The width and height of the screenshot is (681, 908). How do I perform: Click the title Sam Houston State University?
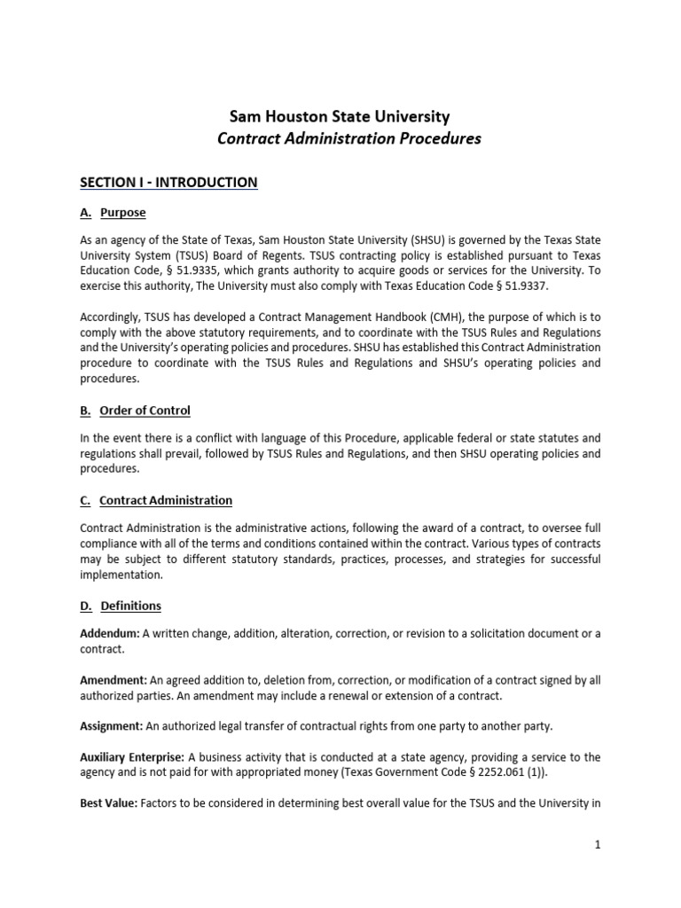tap(340, 116)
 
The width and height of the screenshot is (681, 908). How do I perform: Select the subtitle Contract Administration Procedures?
tap(349, 139)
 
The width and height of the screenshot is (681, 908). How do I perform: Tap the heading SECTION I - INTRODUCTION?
tap(168, 183)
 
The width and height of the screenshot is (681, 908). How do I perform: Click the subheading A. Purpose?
tap(113, 213)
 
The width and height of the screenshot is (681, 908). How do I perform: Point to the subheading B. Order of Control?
tap(135, 411)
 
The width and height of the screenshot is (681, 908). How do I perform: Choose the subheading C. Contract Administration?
tap(156, 500)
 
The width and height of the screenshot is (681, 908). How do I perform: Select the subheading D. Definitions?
tap(121, 607)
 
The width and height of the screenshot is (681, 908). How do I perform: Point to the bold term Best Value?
tap(108, 802)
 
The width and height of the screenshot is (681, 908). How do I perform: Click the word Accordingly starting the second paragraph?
tap(112, 317)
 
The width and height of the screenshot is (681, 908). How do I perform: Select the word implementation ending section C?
tap(121, 575)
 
